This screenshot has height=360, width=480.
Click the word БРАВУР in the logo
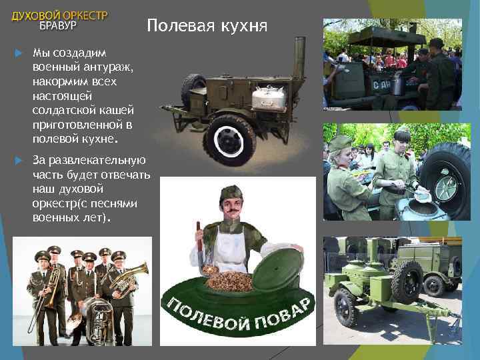coord(59,26)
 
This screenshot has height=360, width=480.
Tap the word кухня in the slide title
coord(244,27)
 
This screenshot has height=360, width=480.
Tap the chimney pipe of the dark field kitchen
coord(299,60)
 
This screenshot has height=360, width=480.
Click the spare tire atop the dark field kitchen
coord(193,87)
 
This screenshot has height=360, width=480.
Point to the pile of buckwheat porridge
coord(231,279)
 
